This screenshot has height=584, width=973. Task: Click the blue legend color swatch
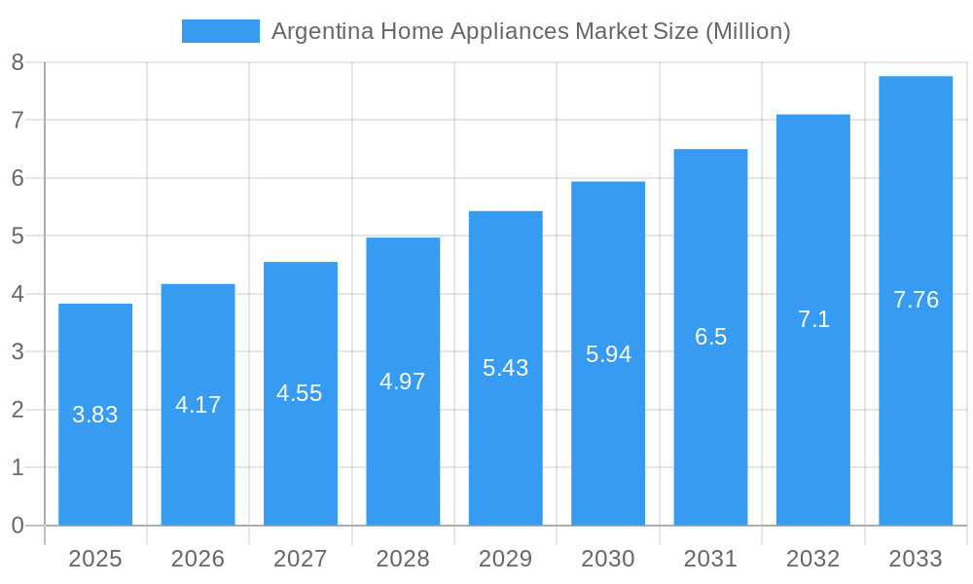pos(221,31)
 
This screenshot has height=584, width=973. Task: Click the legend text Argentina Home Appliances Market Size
pos(530,31)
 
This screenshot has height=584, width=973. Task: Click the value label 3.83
pos(95,415)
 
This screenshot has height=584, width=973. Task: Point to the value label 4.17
pos(198,405)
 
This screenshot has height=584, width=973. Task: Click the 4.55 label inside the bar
pos(300,393)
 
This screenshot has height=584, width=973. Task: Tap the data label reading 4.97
pos(403,382)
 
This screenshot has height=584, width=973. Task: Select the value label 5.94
pos(608,354)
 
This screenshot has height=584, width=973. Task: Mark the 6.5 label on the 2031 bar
pos(710,337)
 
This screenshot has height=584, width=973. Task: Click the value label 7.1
pos(813,319)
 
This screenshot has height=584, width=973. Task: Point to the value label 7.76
pos(916,300)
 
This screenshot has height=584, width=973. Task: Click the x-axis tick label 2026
pos(198,559)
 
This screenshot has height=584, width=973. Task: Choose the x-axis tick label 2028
pos(403,559)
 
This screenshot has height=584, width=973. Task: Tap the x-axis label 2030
pos(608,559)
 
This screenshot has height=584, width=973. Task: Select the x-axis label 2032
pos(813,559)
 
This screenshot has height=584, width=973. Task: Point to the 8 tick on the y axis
pos(18,63)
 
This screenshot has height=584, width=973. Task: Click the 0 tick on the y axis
pos(18,526)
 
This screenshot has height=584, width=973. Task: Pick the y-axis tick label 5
pos(18,237)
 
